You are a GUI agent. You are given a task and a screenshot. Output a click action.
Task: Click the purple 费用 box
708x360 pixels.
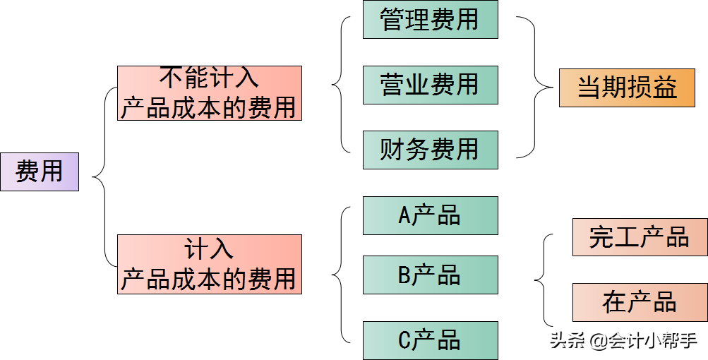pyautogui.click(x=40, y=172)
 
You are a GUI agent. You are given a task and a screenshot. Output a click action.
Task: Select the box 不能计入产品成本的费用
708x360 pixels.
pyautogui.click(x=209, y=93)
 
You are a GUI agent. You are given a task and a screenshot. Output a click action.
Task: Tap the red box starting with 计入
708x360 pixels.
pyautogui.click(x=209, y=264)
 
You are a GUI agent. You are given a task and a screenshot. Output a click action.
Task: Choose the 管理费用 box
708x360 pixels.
pyautogui.click(x=430, y=19)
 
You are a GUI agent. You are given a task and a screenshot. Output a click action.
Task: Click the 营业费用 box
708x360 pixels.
pyautogui.click(x=430, y=85)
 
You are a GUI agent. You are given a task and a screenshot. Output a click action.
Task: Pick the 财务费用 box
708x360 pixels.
pyautogui.click(x=430, y=149)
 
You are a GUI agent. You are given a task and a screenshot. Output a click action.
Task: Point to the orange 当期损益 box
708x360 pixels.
pyautogui.click(x=627, y=88)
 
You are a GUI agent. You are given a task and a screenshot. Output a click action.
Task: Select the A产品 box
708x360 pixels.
pyautogui.click(x=430, y=215)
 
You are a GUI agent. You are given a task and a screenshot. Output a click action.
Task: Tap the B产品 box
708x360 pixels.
pyautogui.click(x=430, y=275)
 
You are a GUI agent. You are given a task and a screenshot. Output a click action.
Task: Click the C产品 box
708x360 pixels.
pyautogui.click(x=430, y=340)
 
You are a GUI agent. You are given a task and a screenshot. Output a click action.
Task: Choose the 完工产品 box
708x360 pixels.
pyautogui.click(x=640, y=237)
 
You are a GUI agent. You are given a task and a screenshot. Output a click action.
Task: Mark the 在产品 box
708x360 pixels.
pyautogui.click(x=640, y=302)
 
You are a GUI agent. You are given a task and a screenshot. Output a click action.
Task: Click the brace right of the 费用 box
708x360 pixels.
pyautogui.click(x=103, y=176)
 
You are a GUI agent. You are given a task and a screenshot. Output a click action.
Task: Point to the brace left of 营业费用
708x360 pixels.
pyautogui.click(x=341, y=85)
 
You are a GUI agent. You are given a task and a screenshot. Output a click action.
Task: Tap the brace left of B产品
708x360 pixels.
pyautogui.click(x=341, y=275)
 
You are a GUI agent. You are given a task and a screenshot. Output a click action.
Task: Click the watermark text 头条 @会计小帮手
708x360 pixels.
pyautogui.click(x=623, y=342)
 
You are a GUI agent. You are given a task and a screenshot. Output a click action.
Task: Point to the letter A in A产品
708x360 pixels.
pyautogui.click(x=404, y=216)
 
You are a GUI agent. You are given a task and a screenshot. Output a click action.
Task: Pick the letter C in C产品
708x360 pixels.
pyautogui.click(x=404, y=341)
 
